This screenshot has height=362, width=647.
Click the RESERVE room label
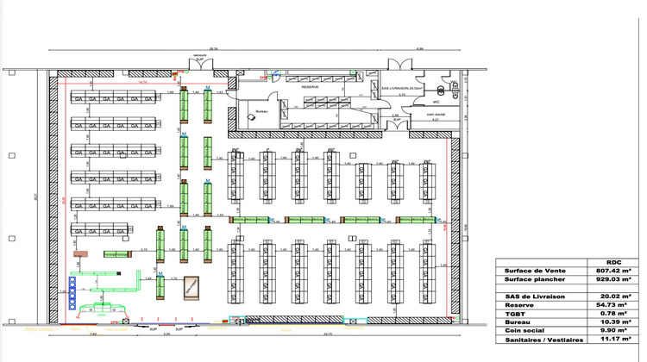(x=310, y=87)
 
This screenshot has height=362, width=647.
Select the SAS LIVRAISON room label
(x=401, y=89)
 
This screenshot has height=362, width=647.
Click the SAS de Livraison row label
(x=536, y=295)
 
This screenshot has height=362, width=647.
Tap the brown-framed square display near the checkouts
(x=192, y=288)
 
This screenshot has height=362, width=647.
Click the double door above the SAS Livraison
(x=401, y=67)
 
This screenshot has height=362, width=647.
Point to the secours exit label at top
(x=200, y=54)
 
